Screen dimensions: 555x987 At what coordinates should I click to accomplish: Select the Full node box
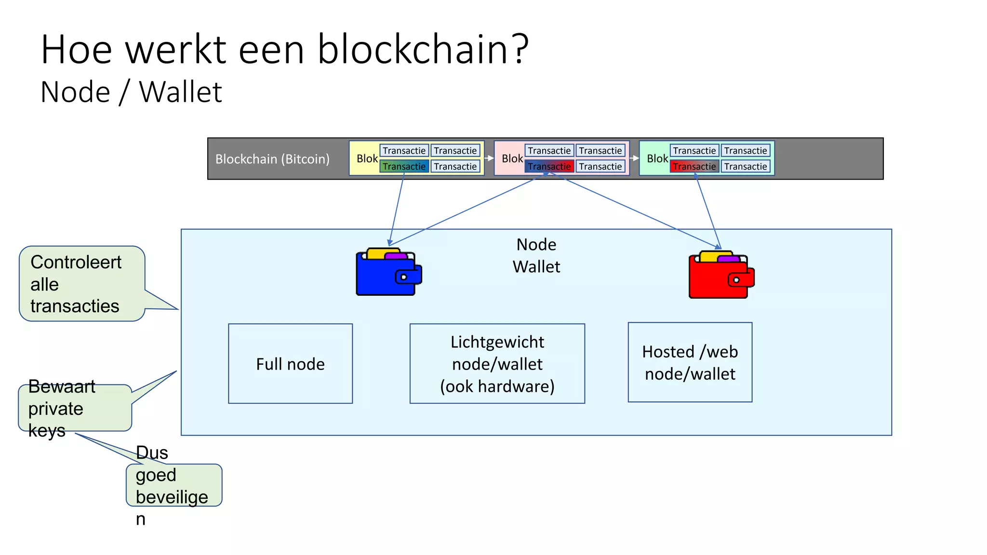coord(290,364)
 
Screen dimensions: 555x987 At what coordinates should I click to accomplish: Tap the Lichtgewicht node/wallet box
coord(497,364)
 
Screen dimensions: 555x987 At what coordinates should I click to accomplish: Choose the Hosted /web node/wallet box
coord(690,362)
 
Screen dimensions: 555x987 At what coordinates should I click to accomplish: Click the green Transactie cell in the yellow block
coord(404,166)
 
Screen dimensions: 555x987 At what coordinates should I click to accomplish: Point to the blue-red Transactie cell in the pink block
coord(549,166)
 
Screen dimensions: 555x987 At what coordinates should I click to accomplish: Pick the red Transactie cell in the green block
coord(694,166)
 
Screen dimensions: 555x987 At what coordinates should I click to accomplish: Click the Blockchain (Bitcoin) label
coord(272,159)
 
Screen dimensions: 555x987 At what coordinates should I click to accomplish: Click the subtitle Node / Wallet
coord(131,92)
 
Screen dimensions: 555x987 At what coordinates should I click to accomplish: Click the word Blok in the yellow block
coord(367,159)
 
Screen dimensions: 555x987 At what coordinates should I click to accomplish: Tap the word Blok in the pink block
coord(512,159)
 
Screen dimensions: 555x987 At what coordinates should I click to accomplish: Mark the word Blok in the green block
coord(657,159)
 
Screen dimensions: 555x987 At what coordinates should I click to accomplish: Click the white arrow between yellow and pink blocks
coord(489,158)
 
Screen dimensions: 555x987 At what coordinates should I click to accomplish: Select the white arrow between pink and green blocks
coord(634,158)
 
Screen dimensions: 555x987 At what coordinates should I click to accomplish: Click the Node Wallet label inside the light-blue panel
coord(536,255)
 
